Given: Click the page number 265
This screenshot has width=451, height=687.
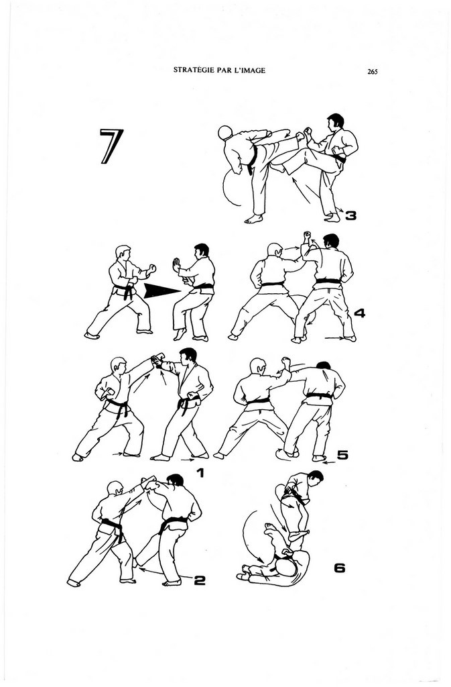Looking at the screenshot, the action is tap(373, 71).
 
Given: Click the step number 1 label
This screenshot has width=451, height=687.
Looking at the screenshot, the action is tap(200, 473).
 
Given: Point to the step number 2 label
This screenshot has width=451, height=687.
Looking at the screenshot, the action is tap(199, 580).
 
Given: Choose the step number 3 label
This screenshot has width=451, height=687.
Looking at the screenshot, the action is tap(350, 215).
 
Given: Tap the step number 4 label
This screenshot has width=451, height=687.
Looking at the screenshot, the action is tap(359, 313).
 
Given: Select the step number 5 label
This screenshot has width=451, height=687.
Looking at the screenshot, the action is tap(342, 456).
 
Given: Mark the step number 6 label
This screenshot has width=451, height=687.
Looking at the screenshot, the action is tap(339, 568).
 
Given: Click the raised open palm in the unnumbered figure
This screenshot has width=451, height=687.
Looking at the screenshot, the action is tap(176, 266).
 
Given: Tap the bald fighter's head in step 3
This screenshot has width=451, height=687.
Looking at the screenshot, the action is tap(226, 132).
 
